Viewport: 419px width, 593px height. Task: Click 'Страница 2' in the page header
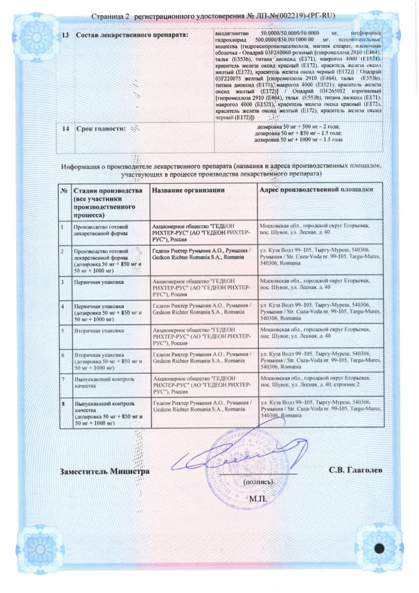click(110, 17)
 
